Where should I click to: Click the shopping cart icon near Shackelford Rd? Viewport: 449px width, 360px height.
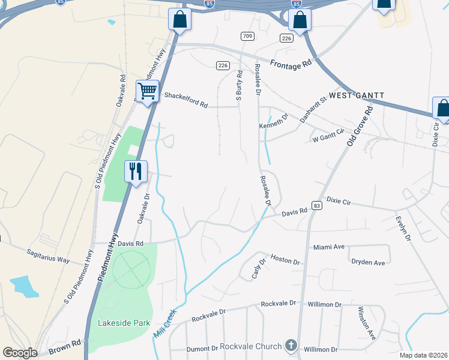pos(147,92)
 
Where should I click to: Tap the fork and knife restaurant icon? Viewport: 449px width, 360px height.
pos(135,172)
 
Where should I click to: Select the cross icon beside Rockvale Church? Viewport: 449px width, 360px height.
pos(291,346)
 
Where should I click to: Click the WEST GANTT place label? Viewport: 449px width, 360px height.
pos(356,95)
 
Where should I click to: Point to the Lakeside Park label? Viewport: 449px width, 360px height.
pos(124,323)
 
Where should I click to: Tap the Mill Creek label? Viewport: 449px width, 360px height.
pos(166,322)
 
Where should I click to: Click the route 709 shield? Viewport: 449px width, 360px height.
pos(247,37)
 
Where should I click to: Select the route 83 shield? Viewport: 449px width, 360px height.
pos(317,205)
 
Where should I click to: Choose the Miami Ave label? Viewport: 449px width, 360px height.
pos(329,247)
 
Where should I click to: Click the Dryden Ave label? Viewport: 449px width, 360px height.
pos(368,263)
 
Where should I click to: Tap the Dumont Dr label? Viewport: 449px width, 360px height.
pos(202,349)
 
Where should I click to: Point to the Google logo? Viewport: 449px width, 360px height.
pos(20,353)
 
